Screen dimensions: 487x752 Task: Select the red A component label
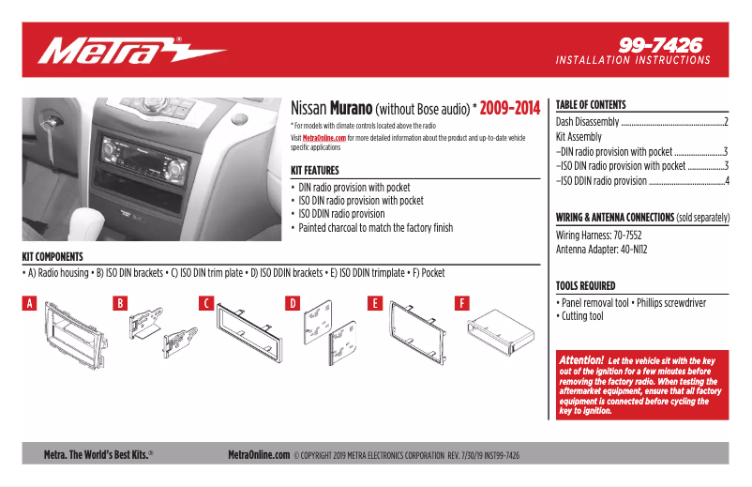coord(30,303)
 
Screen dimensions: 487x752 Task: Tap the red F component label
coord(462,303)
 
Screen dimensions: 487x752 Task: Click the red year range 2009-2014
coord(509,109)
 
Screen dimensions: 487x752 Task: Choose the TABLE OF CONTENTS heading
coord(591,105)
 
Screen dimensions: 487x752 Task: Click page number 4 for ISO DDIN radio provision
coord(727,180)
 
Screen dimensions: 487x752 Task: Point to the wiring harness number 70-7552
coord(629,236)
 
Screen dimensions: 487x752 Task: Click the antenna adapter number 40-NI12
coord(628,250)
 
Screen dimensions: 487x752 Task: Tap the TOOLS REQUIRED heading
coord(586,285)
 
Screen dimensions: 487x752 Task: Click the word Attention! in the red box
coord(581,359)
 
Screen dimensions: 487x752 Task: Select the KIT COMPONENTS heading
coord(53,256)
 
